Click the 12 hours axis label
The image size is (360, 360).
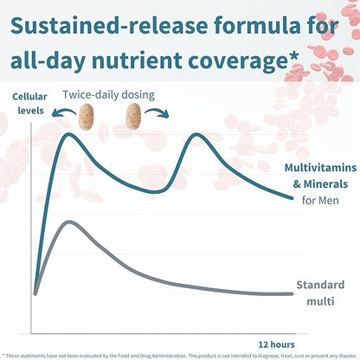click(x=277, y=342)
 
